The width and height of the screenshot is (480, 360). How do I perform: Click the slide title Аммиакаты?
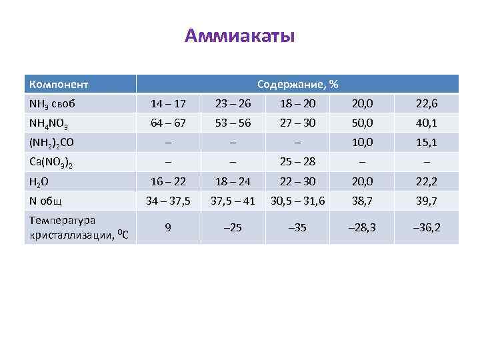[239, 35]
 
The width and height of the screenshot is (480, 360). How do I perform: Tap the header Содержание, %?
[297, 85]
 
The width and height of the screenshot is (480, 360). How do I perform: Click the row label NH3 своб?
[51, 104]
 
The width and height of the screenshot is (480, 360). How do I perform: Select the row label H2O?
[39, 181]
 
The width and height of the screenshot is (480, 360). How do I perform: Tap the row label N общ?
[45, 201]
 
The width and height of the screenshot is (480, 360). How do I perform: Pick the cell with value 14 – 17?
[169, 104]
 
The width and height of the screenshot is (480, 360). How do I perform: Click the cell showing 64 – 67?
[169, 123]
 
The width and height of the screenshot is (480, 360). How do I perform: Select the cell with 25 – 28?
[297, 162]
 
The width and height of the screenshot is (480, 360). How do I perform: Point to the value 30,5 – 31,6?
[297, 201]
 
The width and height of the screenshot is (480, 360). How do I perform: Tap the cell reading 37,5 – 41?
[233, 201]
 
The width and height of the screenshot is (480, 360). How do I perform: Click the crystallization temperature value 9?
[169, 227]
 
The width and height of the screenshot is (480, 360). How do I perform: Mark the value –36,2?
[426, 227]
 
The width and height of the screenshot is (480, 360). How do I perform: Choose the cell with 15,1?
[426, 143]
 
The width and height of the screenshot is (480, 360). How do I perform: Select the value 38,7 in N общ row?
[363, 201]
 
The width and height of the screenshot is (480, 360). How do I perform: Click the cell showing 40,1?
[426, 123]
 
